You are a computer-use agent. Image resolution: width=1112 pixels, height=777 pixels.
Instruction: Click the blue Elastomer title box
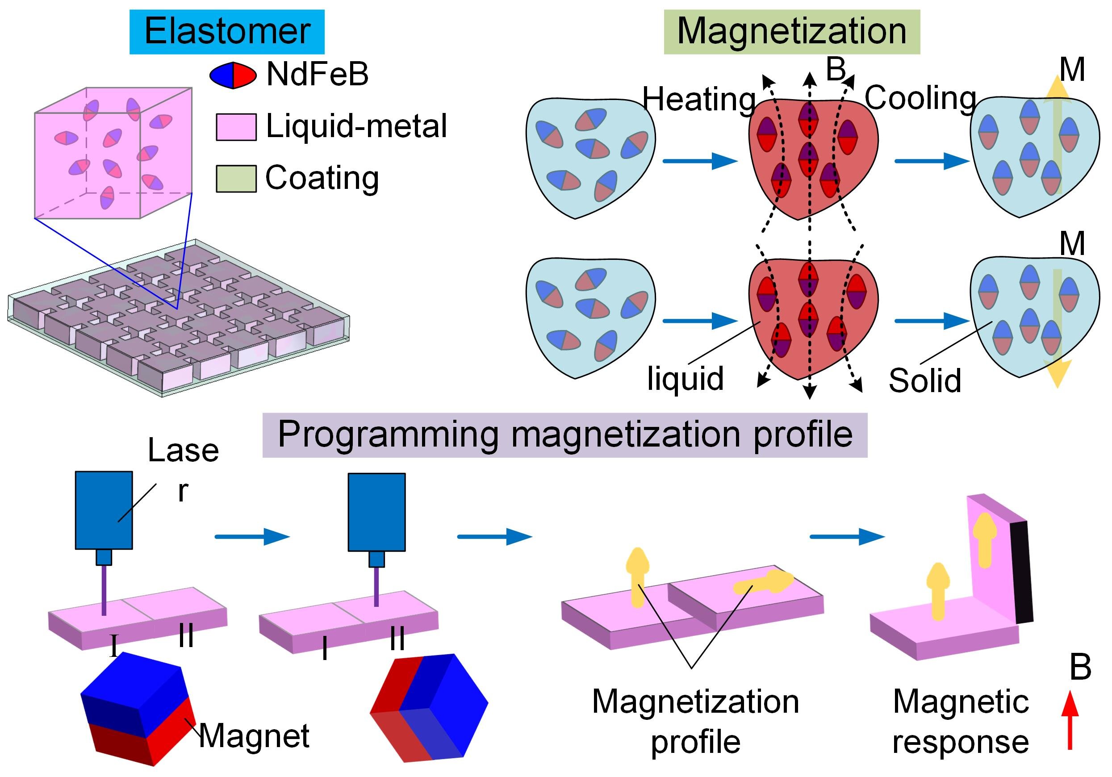[x=227, y=32]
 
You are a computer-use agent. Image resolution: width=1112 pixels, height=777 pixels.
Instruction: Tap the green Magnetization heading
[x=791, y=32]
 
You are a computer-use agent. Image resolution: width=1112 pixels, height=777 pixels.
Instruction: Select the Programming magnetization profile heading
[x=565, y=434]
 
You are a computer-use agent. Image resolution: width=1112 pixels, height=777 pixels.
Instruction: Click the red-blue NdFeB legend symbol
[x=233, y=75]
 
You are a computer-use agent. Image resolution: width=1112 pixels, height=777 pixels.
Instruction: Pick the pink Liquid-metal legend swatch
[x=236, y=127]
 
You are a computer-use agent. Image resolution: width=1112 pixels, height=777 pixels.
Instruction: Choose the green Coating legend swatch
[x=236, y=179]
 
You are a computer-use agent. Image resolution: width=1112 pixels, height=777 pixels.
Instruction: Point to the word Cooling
[x=920, y=98]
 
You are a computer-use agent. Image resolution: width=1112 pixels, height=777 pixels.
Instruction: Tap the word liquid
[x=686, y=378]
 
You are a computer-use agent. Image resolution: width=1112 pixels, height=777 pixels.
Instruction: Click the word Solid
[x=924, y=381]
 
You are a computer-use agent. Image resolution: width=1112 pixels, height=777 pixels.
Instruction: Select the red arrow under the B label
[x=1070, y=720]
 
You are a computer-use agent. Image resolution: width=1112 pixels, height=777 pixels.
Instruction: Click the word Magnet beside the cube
[x=254, y=735]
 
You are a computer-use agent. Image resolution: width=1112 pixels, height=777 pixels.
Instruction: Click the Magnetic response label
[x=961, y=721]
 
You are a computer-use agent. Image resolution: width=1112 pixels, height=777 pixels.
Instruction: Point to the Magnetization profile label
[x=695, y=721]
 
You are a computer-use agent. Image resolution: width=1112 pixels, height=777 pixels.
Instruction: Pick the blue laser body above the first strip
[x=104, y=510]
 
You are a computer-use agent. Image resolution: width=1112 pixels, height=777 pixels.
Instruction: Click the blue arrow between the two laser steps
[x=252, y=536]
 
